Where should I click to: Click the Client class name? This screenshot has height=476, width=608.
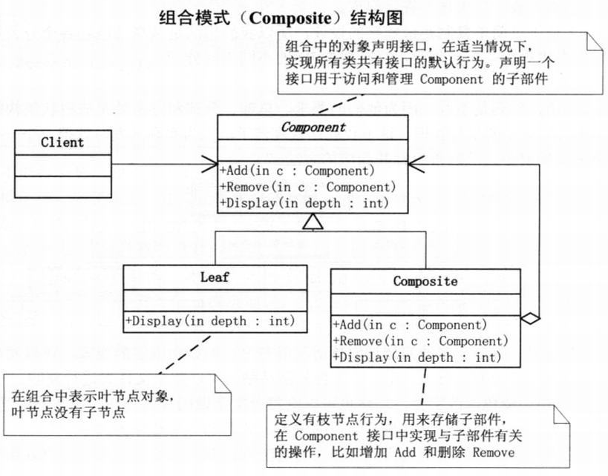[62, 142]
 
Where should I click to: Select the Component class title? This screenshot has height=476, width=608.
[313, 127]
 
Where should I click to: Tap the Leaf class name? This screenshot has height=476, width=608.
[215, 278]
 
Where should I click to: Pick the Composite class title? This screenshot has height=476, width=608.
[425, 281]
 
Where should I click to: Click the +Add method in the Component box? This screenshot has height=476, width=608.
[296, 171]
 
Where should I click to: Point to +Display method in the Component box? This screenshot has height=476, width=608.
[304, 203]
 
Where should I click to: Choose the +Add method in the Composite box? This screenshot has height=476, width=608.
[410, 325]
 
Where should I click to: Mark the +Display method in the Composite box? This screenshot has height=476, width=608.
[416, 357]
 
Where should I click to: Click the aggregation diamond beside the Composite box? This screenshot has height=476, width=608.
[529, 317]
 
